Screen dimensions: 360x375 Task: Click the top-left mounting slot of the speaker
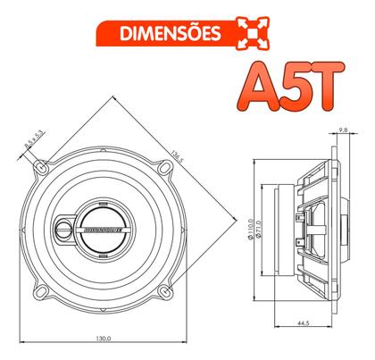[x=42, y=165]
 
